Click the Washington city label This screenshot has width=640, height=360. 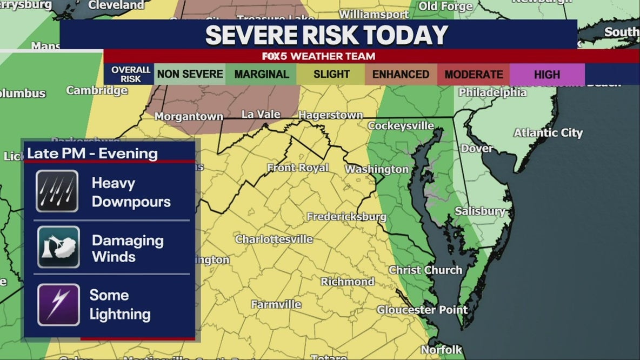click(377, 169)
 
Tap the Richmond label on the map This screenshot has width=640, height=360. click(348, 282)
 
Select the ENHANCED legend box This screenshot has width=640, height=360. click(401, 75)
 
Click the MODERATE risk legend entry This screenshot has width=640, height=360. click(474, 75)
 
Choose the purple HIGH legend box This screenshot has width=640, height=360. click(547, 75)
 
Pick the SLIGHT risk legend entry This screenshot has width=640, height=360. click(331, 75)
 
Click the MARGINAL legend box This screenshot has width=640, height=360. click(261, 75)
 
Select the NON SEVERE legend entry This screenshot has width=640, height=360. click(190, 75)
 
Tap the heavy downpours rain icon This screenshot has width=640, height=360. click(57, 191)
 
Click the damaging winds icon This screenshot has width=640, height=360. click(58, 248)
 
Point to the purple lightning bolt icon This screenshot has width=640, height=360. click(58, 304)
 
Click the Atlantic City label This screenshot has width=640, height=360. click(548, 132)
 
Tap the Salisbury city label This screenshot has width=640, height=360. click(480, 211)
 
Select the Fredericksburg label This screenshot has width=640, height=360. click(346, 217)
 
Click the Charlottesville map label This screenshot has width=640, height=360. click(274, 239)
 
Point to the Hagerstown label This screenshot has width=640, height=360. click(330, 115)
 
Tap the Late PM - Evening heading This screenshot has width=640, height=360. click(92, 154)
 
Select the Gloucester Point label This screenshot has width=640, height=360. click(422, 310)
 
